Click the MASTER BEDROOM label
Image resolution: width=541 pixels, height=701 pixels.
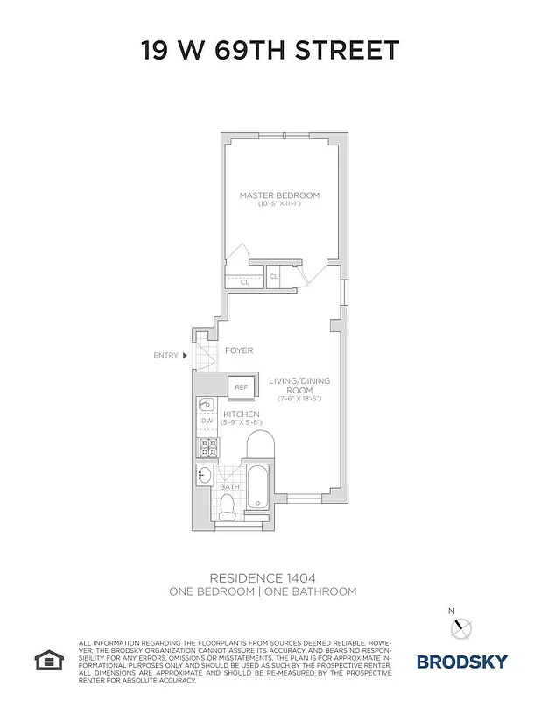(279, 195)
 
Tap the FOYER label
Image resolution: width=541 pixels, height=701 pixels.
(239, 350)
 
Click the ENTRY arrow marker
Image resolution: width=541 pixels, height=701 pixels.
(185, 355)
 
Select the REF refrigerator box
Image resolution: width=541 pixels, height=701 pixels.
(241, 387)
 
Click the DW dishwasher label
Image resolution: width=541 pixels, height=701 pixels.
(207, 421)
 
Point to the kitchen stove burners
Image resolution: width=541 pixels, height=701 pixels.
(207, 447)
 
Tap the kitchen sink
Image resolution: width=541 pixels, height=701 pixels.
(206, 405)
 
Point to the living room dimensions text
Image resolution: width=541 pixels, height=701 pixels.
(299, 400)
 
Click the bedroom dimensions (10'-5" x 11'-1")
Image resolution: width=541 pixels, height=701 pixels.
(279, 204)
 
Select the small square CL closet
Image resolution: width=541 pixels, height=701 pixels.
(273, 277)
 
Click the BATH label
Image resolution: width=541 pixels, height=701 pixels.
(229, 486)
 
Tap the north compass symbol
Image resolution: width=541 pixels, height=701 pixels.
(462, 627)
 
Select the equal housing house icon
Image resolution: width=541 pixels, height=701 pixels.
(46, 659)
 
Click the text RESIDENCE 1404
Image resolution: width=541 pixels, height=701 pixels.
(262, 577)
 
